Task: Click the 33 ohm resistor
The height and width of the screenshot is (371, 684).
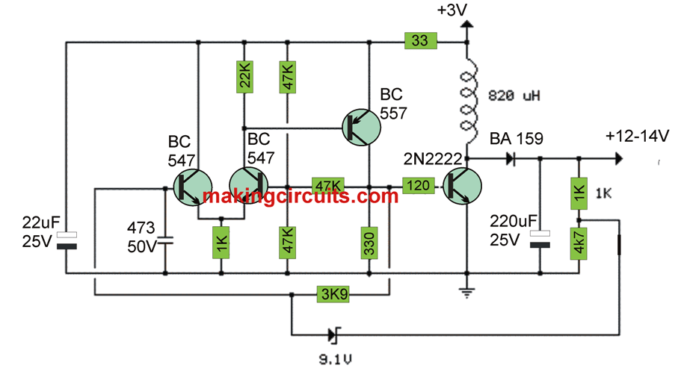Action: coord(419,41)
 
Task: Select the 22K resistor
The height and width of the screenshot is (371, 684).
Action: coord(244,76)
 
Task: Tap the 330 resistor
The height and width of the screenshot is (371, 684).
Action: coord(369,241)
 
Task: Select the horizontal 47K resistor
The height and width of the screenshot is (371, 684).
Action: coord(327,186)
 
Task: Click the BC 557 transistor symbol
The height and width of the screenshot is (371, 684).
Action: coord(362,127)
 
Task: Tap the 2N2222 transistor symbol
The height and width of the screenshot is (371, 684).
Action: coord(459,186)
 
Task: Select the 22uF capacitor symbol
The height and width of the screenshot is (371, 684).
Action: coord(67,241)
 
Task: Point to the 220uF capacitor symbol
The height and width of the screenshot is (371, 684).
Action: coord(539,241)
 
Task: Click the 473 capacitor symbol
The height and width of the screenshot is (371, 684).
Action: coord(165,240)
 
